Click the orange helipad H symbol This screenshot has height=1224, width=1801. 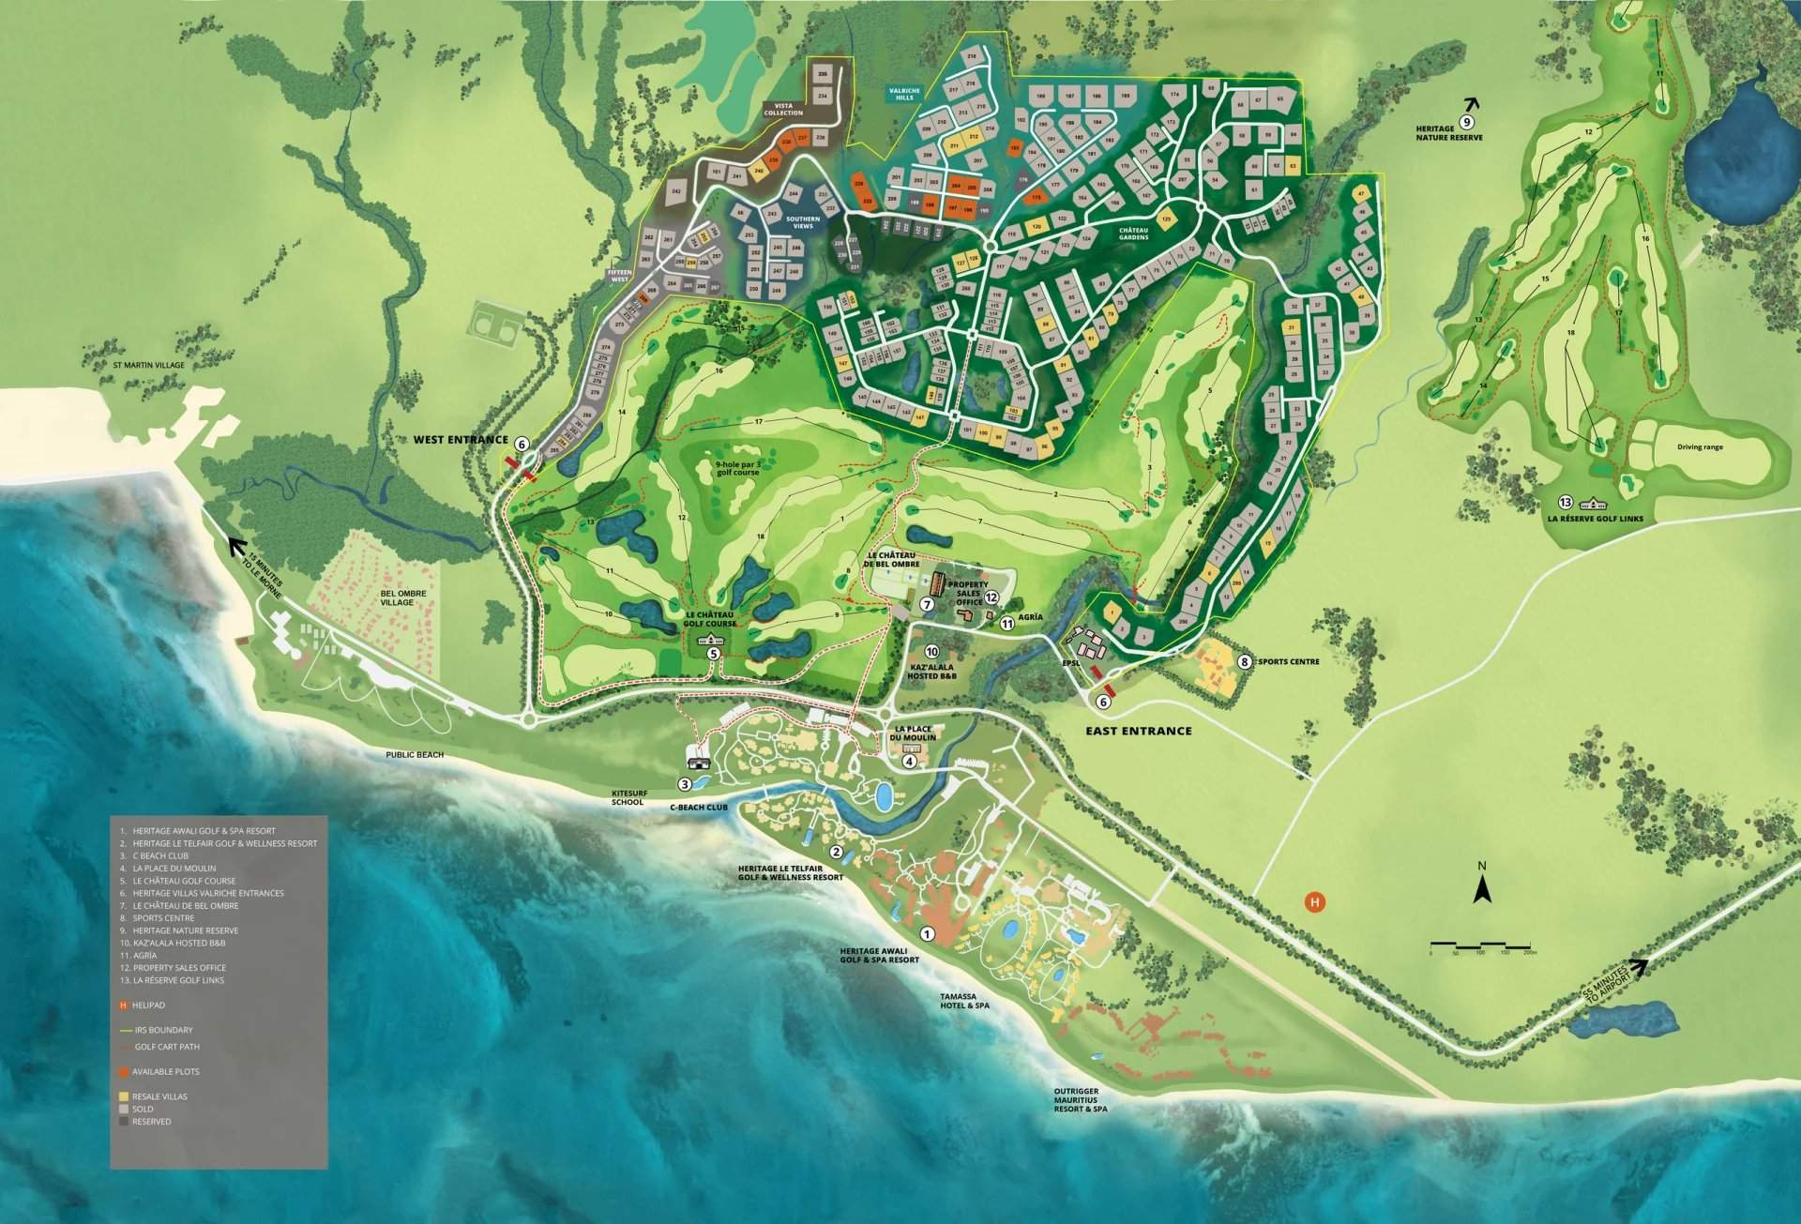[1315, 902]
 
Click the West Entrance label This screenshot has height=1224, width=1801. [462, 440]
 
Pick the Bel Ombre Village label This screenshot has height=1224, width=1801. [403, 597]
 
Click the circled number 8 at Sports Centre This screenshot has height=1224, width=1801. [1245, 661]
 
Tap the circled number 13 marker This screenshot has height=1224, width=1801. [1565, 501]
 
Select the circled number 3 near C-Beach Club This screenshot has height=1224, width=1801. [685, 784]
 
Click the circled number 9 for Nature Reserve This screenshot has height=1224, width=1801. [1467, 122]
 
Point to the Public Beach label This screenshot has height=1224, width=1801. [415, 754]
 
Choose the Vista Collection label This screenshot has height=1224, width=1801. [783, 109]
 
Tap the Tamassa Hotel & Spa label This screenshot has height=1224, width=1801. [964, 1000]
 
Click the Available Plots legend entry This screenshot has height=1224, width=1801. [165, 1071]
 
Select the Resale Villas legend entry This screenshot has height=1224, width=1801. [159, 1096]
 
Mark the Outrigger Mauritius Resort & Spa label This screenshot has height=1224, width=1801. [1080, 1099]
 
